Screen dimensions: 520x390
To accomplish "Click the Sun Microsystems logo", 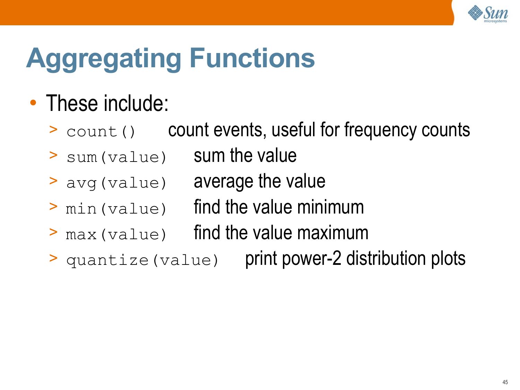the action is point(488,14).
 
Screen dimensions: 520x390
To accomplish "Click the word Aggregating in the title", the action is point(104,59).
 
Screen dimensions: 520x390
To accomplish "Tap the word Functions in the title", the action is point(252,58).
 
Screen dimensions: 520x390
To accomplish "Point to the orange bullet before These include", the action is point(33,103).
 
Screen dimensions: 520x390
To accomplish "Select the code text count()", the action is point(101,132).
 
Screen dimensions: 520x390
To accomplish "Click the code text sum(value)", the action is point(116,157).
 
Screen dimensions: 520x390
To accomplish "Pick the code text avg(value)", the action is point(116,183).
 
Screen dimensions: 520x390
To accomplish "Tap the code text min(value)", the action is point(116,209).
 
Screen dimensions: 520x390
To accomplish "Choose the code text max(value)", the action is point(116,234).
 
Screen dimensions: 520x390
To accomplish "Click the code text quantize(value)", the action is point(142,260).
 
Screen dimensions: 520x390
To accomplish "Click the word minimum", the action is point(330,207).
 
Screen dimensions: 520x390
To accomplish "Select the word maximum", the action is point(333,233).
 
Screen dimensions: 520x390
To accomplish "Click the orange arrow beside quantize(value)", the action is point(53,258).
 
